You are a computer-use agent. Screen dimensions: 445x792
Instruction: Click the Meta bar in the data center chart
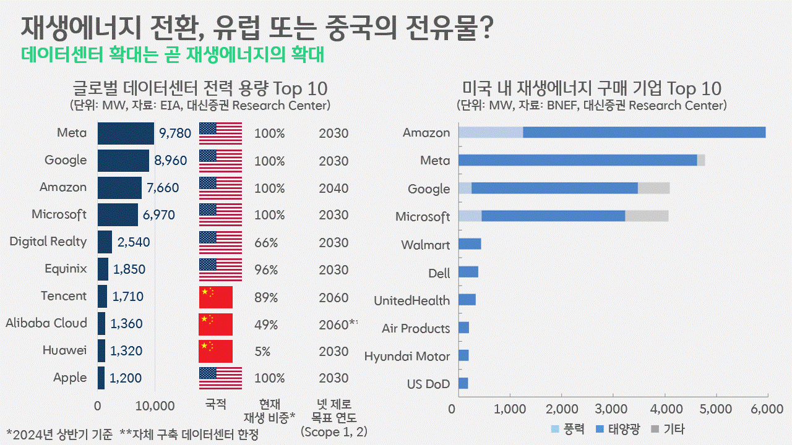126,133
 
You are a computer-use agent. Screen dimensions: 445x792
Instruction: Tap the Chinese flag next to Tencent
215,297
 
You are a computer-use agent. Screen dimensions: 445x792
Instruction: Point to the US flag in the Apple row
220,378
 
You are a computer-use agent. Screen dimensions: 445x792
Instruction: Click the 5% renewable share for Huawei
262,351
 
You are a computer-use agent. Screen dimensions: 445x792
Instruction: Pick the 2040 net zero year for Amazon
334,188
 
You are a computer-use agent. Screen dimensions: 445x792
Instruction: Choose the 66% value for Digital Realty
266,242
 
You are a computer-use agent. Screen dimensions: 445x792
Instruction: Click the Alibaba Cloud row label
46,323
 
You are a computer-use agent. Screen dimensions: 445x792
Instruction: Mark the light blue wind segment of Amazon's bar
490,132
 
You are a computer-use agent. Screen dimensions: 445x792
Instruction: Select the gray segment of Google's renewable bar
653,189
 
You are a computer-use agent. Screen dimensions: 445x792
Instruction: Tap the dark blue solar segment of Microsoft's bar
553,216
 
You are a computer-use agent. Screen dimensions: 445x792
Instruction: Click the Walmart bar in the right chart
470,244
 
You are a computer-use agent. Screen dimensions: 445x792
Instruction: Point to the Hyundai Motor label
407,356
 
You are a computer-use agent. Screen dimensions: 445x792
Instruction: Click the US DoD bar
463,383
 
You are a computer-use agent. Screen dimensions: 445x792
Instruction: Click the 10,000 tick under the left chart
154,406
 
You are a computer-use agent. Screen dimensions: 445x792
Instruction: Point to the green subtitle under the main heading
173,54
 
